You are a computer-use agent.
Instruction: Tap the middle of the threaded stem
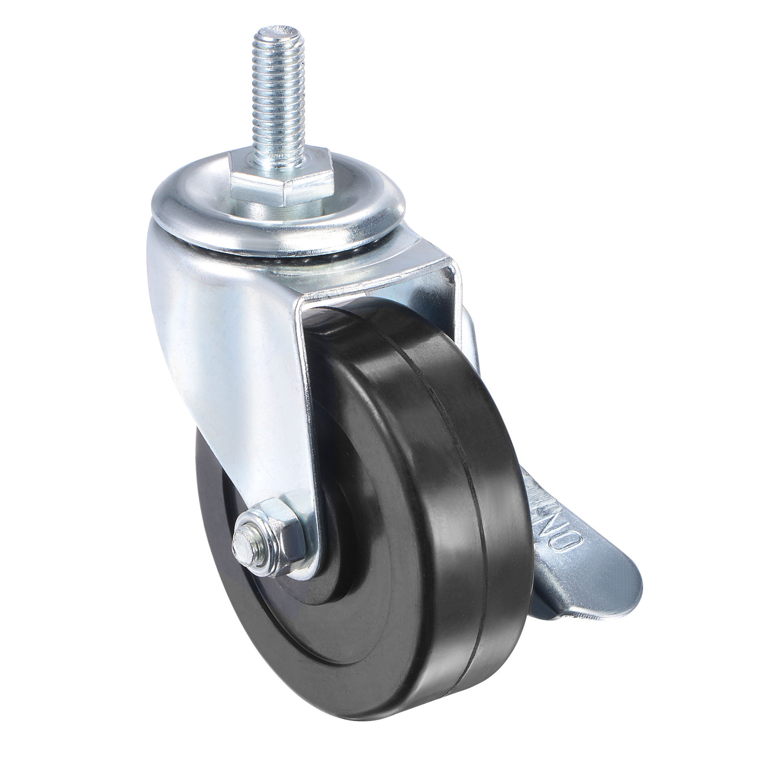point(280,103)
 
